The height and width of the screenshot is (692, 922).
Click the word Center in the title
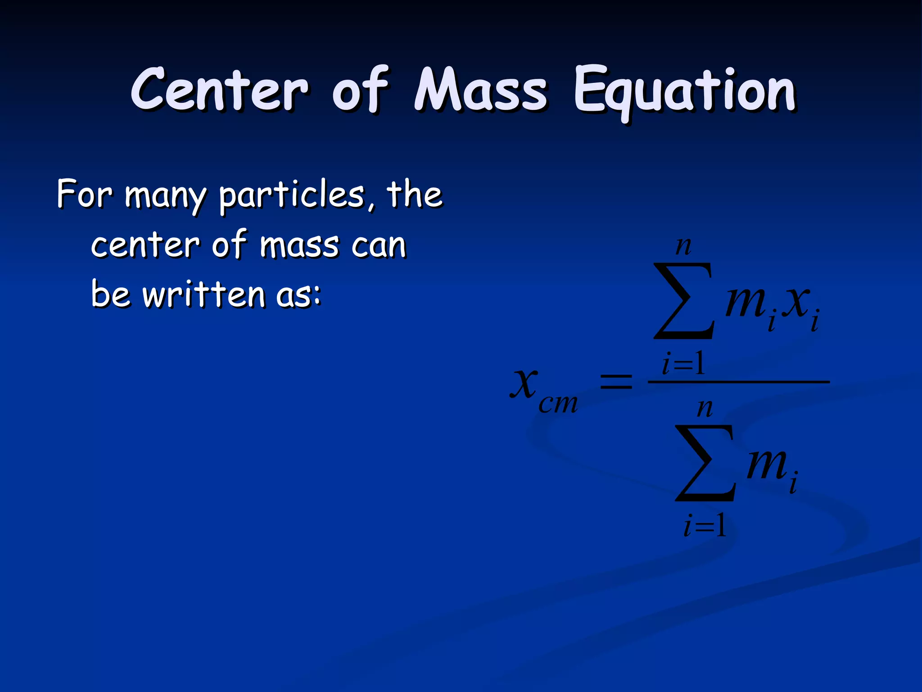point(220,89)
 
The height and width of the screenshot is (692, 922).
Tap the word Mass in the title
point(480,89)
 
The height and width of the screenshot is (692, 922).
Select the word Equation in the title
point(684,91)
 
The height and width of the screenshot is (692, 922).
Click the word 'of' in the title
point(360,89)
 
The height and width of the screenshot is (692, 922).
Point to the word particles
point(291,196)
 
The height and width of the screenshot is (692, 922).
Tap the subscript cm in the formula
point(558,403)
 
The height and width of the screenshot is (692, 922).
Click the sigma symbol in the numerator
point(684,301)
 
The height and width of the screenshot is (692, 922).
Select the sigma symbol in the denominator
point(705,463)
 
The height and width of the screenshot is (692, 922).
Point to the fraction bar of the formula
point(738,382)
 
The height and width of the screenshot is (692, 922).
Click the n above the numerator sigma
point(683,246)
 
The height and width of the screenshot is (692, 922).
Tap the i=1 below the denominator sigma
point(705,525)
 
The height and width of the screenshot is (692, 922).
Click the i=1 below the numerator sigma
point(683,364)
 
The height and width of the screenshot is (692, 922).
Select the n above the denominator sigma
point(705,408)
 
